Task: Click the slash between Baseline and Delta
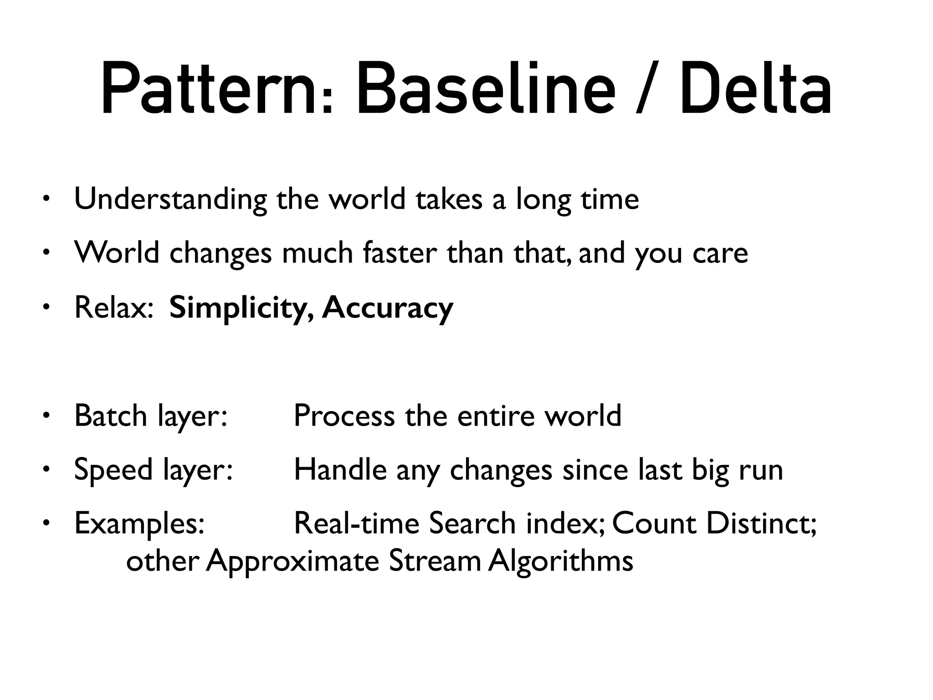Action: (646, 89)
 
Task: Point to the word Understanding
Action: (170, 200)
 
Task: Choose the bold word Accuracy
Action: (387, 308)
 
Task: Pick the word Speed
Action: (113, 470)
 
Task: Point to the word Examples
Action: (139, 524)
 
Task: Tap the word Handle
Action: (340, 469)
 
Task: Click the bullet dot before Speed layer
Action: (46, 469)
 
